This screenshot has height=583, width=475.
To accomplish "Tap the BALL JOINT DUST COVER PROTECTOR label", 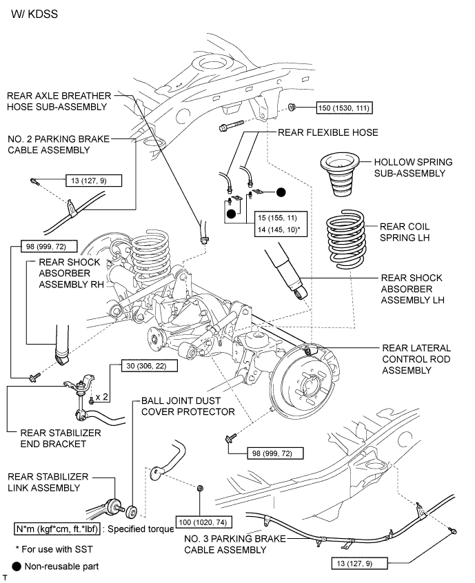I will (188, 406).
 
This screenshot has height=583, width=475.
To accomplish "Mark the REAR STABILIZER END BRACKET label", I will (61, 438).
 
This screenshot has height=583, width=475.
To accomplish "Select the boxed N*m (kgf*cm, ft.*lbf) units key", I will (59, 529).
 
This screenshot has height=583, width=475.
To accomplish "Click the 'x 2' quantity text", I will (101, 397).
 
